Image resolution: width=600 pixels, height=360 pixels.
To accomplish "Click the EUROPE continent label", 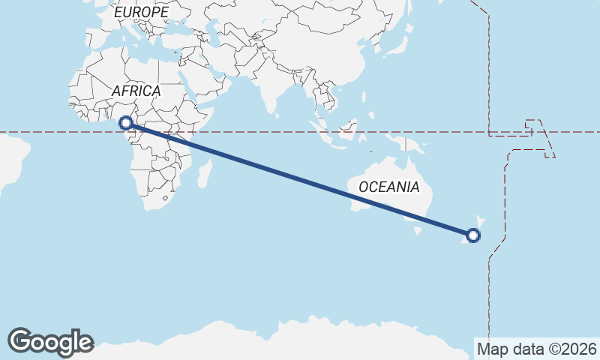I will coord(140,13).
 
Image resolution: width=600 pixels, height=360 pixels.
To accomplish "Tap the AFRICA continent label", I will coord(136,91).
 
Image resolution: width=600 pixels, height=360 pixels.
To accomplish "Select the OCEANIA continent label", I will coord(388,187).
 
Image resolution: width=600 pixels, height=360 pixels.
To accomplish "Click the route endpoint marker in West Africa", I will coord(126,122).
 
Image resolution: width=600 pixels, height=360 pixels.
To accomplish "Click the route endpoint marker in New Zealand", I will coord(473,235).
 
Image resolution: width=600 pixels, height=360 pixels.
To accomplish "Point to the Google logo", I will coord(50,341).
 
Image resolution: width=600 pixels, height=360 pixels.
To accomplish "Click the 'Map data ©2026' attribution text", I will coord(536,349).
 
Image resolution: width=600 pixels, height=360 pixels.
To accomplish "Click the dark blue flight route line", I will coord(300,179).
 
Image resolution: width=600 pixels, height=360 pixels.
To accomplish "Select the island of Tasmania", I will coord(413,235).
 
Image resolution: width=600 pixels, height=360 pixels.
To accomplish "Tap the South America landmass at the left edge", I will coord(9,161).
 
